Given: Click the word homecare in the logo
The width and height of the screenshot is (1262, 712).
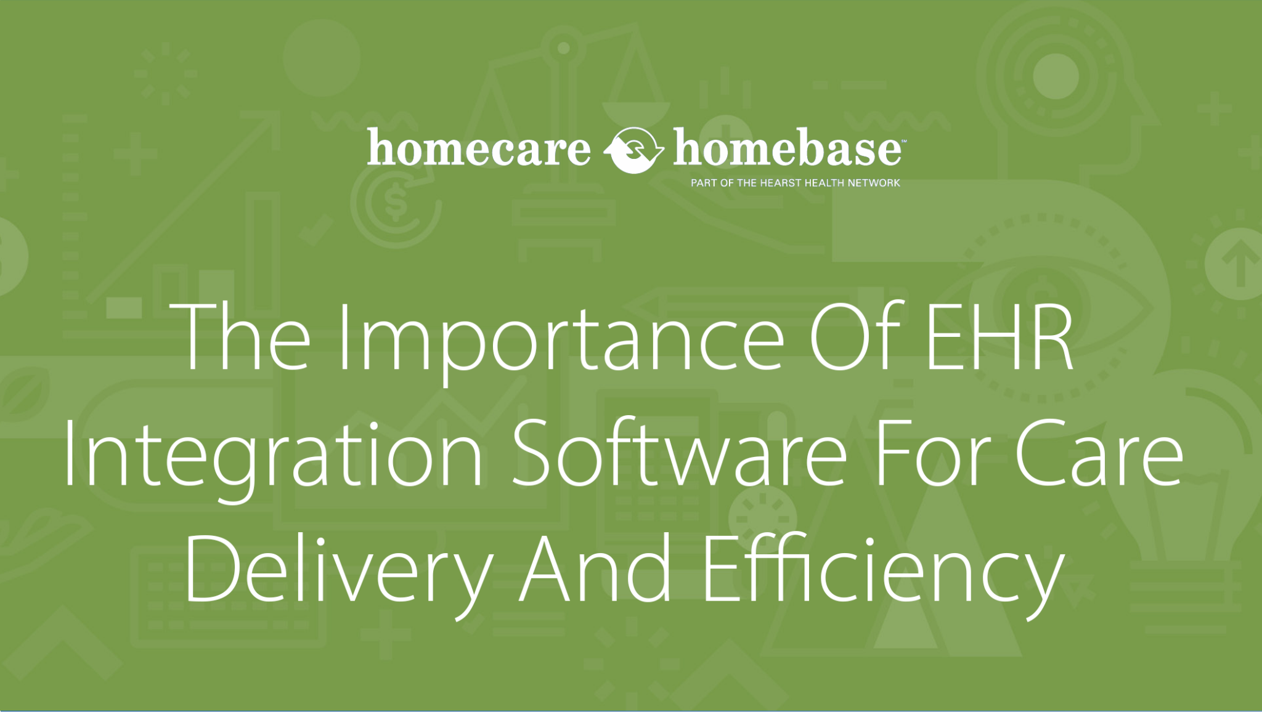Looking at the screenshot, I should click(479, 148).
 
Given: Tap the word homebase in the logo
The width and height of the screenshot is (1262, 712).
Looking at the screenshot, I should click(787, 148).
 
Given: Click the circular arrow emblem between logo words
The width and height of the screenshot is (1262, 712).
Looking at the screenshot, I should click(633, 150).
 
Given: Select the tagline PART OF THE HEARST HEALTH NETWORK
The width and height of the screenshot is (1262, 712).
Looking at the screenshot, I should click(795, 183).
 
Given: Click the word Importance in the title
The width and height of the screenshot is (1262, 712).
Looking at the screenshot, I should click(561, 338).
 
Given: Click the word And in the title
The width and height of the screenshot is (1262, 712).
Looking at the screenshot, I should click(595, 567).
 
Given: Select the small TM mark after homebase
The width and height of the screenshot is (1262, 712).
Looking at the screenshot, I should click(903, 142).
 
